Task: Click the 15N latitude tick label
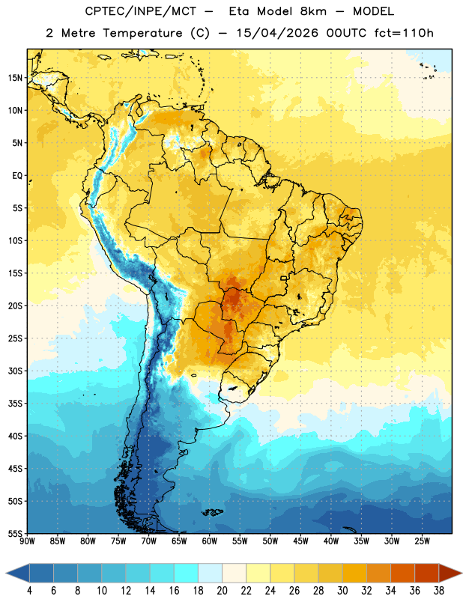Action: point(15,78)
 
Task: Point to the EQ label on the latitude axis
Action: point(17,176)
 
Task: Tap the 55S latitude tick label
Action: point(15,534)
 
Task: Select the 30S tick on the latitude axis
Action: point(15,371)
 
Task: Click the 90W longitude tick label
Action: point(27,541)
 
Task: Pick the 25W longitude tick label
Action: point(422,541)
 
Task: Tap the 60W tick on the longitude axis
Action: point(210,541)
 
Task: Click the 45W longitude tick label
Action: point(301,541)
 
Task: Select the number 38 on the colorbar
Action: point(439,591)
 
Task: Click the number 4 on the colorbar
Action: point(29,591)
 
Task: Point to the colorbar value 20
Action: point(222,591)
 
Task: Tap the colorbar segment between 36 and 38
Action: point(427,574)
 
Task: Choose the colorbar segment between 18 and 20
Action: point(210,574)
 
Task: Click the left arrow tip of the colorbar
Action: point(6,574)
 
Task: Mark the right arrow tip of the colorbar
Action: point(462,574)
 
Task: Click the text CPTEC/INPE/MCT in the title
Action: point(141,11)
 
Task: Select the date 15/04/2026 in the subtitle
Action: point(277,33)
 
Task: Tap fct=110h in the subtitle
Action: point(404,33)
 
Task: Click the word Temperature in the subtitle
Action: point(142,34)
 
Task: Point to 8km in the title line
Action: point(313,11)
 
